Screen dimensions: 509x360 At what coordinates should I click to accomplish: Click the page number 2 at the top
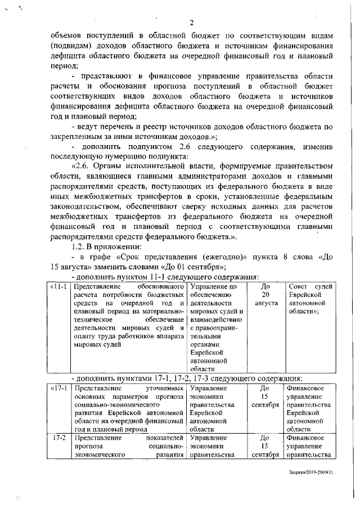click(x=191, y=22)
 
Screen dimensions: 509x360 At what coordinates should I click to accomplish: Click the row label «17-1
click(x=58, y=388)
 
